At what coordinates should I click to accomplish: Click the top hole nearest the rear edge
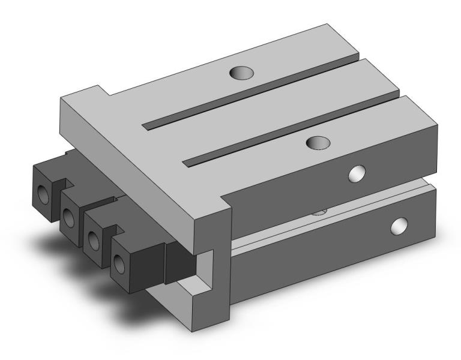pyautogui.click(x=243, y=73)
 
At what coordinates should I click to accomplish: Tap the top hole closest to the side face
pyautogui.click(x=318, y=142)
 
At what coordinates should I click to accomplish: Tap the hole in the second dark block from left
pyautogui.click(x=68, y=217)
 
